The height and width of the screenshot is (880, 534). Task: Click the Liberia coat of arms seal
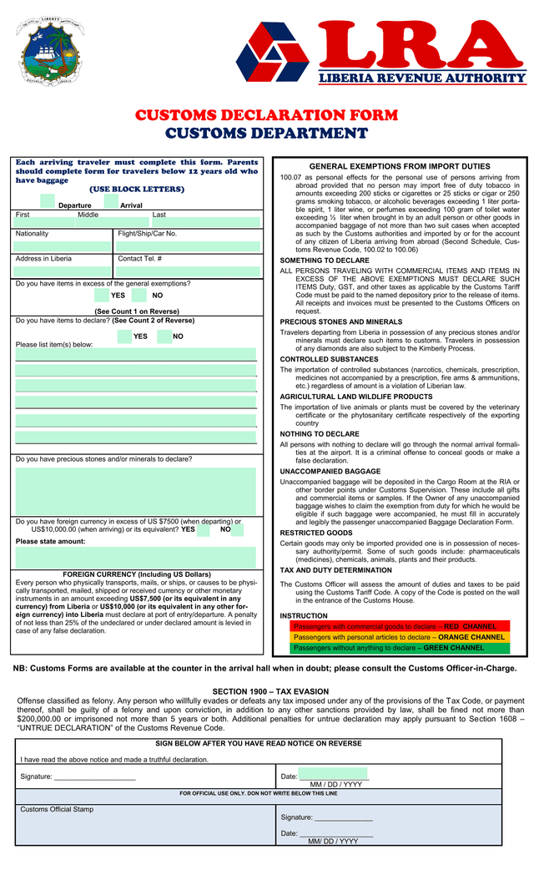52,55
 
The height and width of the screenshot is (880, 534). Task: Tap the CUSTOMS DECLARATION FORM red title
266,115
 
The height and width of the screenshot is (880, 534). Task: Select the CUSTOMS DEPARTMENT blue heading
266,134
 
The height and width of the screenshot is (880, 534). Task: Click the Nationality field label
33,234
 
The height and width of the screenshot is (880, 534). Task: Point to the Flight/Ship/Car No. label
148,234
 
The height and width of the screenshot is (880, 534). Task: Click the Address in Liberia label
43,259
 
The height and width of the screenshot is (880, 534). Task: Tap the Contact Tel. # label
140,259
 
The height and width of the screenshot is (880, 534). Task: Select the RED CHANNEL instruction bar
398,626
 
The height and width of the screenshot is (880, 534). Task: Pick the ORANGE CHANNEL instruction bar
398,637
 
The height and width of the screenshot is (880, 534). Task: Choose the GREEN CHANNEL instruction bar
398,648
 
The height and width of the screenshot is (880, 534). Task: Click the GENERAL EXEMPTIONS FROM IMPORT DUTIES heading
400,166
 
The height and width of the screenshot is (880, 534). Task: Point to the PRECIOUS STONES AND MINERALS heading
340,321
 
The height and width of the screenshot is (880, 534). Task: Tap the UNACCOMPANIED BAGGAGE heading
330,472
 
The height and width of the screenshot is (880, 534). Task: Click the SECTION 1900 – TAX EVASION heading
270,692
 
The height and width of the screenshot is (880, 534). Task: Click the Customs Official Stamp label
57,809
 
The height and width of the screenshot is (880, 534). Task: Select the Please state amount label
50,541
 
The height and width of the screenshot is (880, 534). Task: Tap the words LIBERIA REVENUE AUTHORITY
421,78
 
